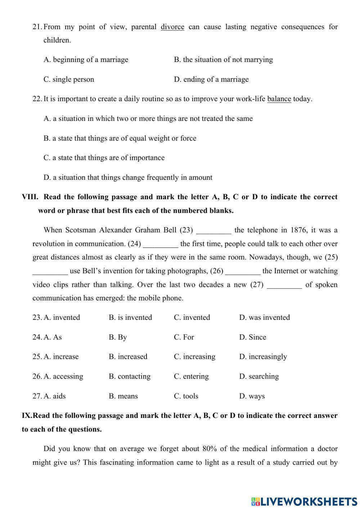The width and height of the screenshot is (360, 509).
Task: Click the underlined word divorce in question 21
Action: pyautogui.click(x=172, y=27)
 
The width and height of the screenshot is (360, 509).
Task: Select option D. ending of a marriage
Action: pyautogui.click(x=211, y=79)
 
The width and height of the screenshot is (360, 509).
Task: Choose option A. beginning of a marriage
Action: pyautogui.click(x=86, y=60)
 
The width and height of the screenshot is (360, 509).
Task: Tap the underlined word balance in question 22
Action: pyautogui.click(x=279, y=99)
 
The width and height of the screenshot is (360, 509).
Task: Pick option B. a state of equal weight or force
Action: pyautogui.click(x=120, y=138)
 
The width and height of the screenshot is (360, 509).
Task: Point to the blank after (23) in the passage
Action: pyautogui.click(x=213, y=231)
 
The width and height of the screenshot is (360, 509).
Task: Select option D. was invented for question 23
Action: pyautogui.click(x=264, y=317)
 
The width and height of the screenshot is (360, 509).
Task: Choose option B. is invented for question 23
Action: pyautogui.click(x=130, y=317)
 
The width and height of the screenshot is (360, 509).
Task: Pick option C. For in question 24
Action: pyautogui.click(x=184, y=337)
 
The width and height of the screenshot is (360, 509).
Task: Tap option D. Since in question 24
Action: pyautogui.click(x=252, y=337)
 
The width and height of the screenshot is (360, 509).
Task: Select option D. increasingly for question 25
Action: pyautogui.click(x=263, y=357)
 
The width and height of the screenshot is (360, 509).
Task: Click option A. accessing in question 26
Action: pyautogui.click(x=63, y=376)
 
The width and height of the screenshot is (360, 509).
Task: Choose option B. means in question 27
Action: pyautogui.click(x=123, y=396)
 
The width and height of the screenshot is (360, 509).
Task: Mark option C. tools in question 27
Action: pyautogui.click(x=186, y=396)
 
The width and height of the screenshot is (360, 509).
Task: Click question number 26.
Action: pyautogui.click(x=37, y=376)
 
